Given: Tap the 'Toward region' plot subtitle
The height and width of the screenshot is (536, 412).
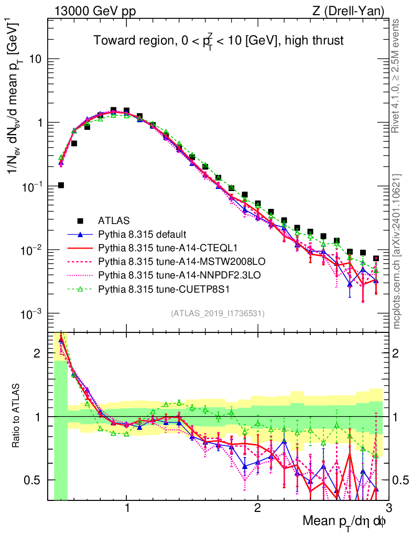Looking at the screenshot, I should [219, 41].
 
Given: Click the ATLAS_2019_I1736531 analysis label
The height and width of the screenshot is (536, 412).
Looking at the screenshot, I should [218, 314].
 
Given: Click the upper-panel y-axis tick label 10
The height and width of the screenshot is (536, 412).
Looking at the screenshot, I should [36, 59].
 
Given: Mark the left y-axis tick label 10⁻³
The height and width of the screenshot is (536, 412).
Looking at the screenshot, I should [32, 314].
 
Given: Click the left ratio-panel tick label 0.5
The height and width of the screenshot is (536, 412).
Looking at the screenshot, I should [35, 480].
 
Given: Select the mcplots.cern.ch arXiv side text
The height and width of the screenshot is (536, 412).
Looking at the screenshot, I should [397, 251].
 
